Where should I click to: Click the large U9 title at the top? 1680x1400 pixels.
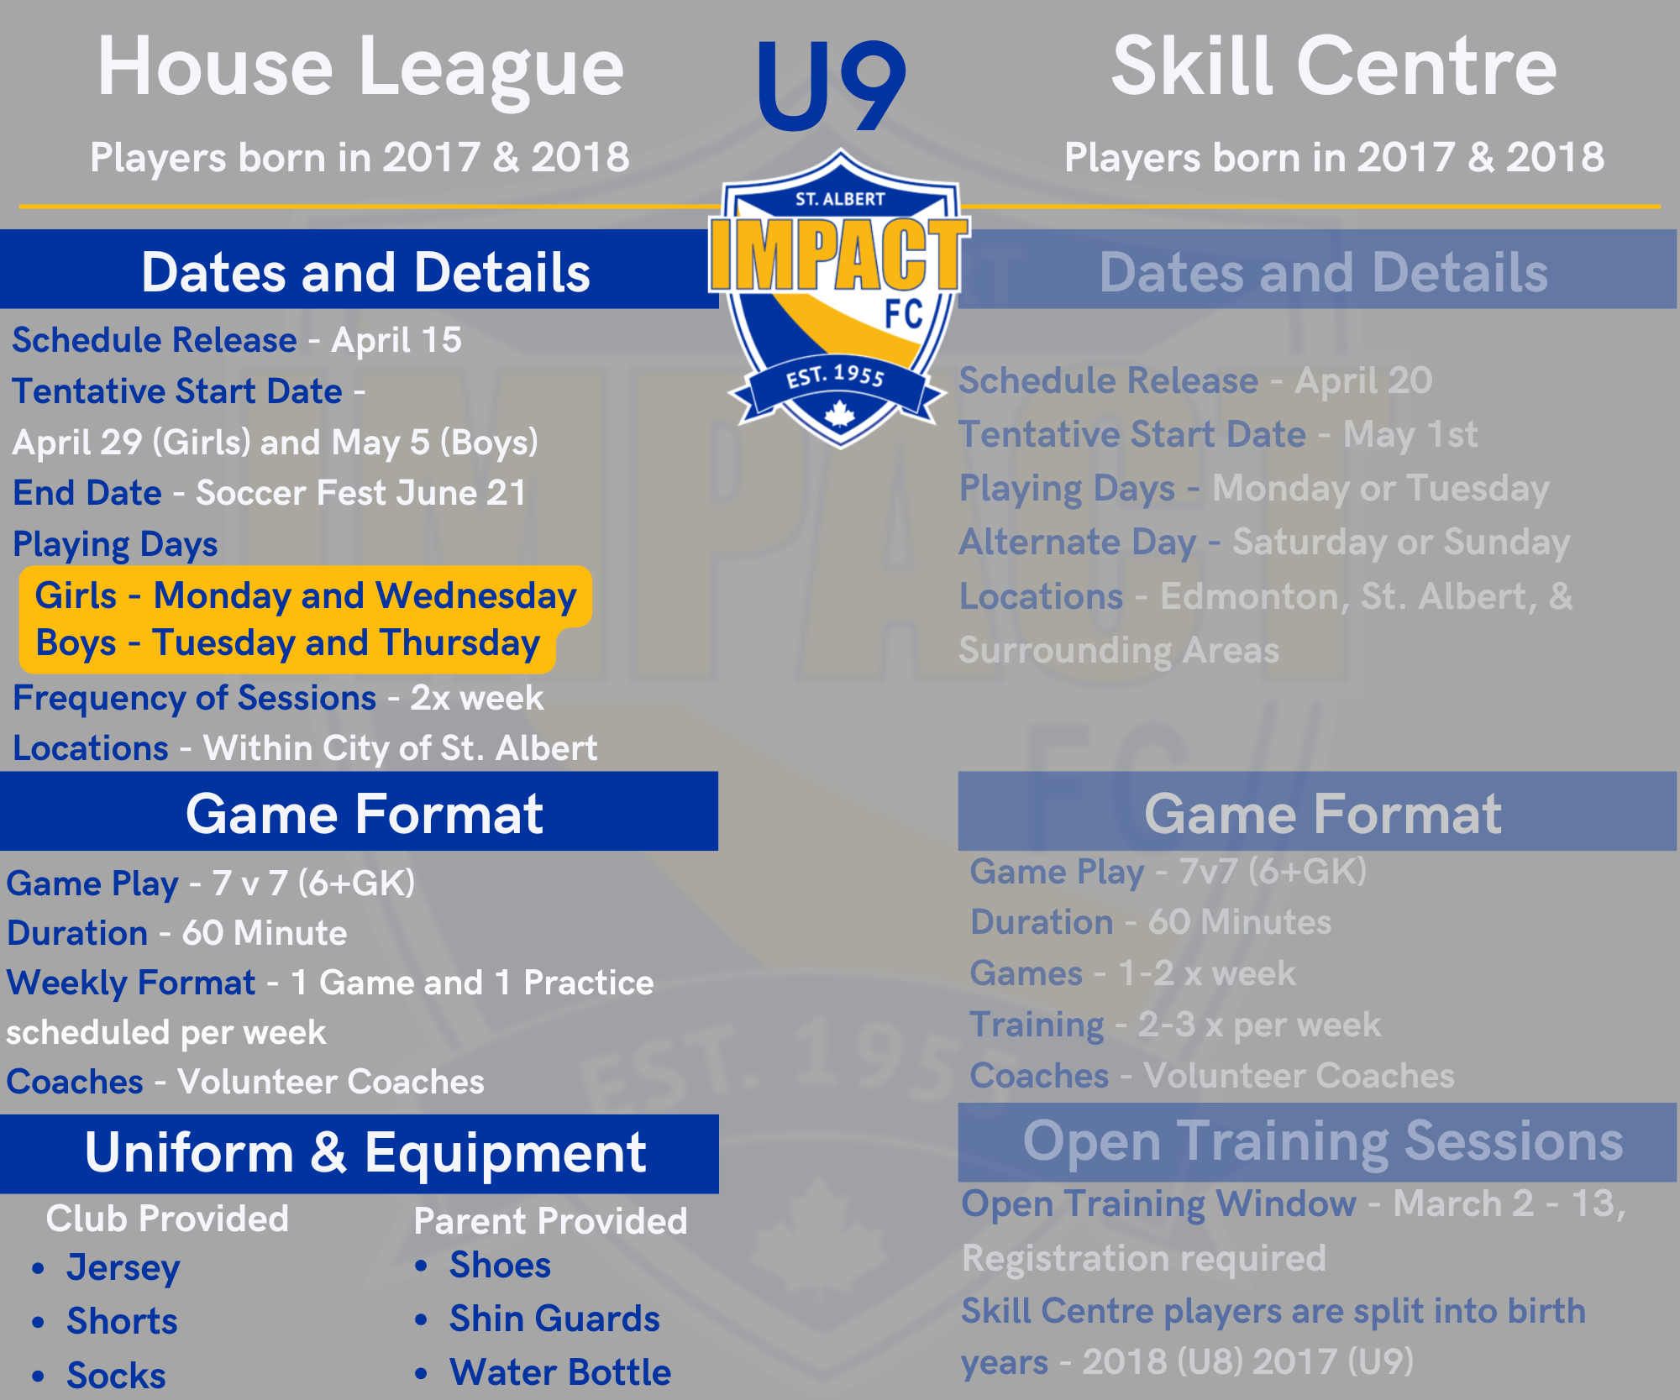pyautogui.click(x=831, y=86)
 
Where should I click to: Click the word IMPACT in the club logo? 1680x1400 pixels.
pyautogui.click(x=839, y=254)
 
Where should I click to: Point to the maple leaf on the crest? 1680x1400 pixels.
pyautogui.click(x=839, y=413)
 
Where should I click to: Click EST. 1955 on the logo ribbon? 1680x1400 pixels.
pyautogui.click(x=836, y=375)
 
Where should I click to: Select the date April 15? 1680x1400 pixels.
pyautogui.click(x=396, y=340)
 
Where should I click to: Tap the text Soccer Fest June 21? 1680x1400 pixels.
pyautogui.click(x=361, y=493)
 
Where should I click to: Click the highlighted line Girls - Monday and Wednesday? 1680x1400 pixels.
pyautogui.click(x=306, y=595)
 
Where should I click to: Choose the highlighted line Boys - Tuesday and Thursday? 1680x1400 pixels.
pyautogui.click(x=287, y=643)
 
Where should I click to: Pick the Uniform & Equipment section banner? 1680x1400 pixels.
pyautogui.click(x=360, y=1153)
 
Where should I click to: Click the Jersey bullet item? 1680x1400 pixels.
pyautogui.click(x=123, y=1268)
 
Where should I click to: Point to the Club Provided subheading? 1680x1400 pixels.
pyautogui.click(x=167, y=1219)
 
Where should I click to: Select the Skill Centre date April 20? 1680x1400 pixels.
pyautogui.click(x=1363, y=380)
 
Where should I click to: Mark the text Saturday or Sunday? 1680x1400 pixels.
pyautogui.click(x=1401, y=543)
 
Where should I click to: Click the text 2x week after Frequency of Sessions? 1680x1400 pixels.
pyautogui.click(x=476, y=698)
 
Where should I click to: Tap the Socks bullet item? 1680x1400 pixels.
pyautogui.click(x=116, y=1376)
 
